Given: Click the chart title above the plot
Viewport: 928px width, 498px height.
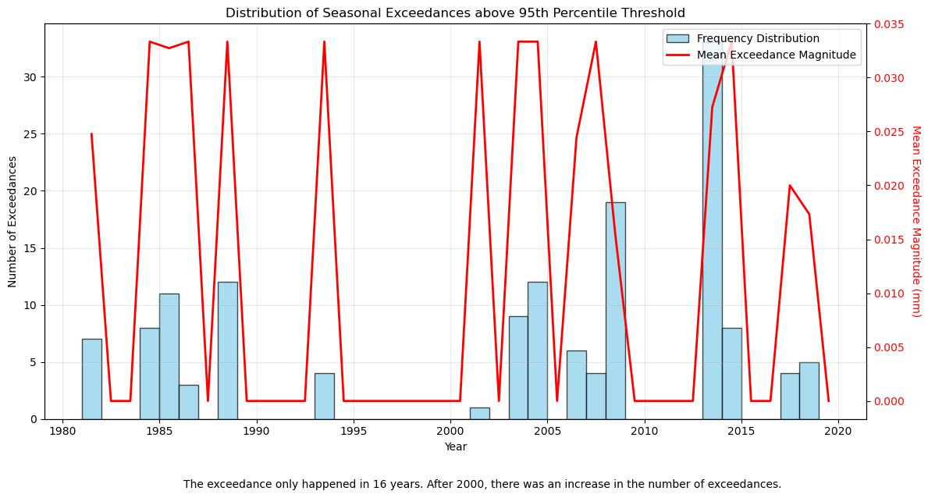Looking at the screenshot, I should [x=455, y=13].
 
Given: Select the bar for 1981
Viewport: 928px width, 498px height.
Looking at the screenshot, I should [x=91, y=379].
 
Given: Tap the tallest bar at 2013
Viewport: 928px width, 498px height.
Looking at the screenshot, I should [x=712, y=234].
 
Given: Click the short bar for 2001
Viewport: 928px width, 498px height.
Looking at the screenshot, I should [x=479, y=413].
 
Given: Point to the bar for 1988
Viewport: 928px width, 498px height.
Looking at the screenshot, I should [x=227, y=350].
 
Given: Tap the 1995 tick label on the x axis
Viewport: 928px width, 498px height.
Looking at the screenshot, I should [x=354, y=432].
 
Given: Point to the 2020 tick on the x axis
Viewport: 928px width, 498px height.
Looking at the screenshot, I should [x=838, y=432].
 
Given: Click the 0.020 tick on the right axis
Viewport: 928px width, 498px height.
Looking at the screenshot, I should [x=889, y=186].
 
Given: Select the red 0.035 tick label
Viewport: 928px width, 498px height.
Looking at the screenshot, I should [x=889, y=24].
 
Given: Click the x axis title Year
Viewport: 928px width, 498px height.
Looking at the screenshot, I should [x=455, y=447].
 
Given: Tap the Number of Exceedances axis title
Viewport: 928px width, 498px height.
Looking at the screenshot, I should [x=13, y=222].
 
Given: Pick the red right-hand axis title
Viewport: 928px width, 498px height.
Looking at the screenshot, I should [x=916, y=222].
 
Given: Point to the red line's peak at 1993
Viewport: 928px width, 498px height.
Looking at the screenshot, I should [x=324, y=42].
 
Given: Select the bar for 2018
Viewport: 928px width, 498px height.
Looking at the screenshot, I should [x=809, y=390].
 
